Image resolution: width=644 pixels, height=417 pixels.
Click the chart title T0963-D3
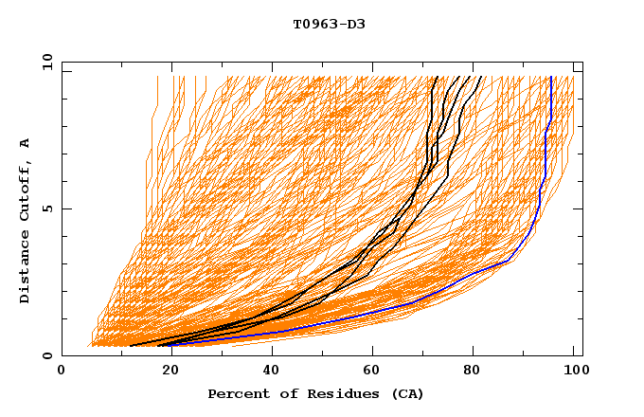[329, 24]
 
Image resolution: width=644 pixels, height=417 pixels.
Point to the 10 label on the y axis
[45, 62]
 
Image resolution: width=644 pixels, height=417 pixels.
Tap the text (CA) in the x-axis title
[407, 393]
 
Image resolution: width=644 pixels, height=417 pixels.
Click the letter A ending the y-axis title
[26, 143]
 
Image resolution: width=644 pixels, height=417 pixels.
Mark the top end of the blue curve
[551, 77]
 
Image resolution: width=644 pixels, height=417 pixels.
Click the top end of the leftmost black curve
[434, 77]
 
